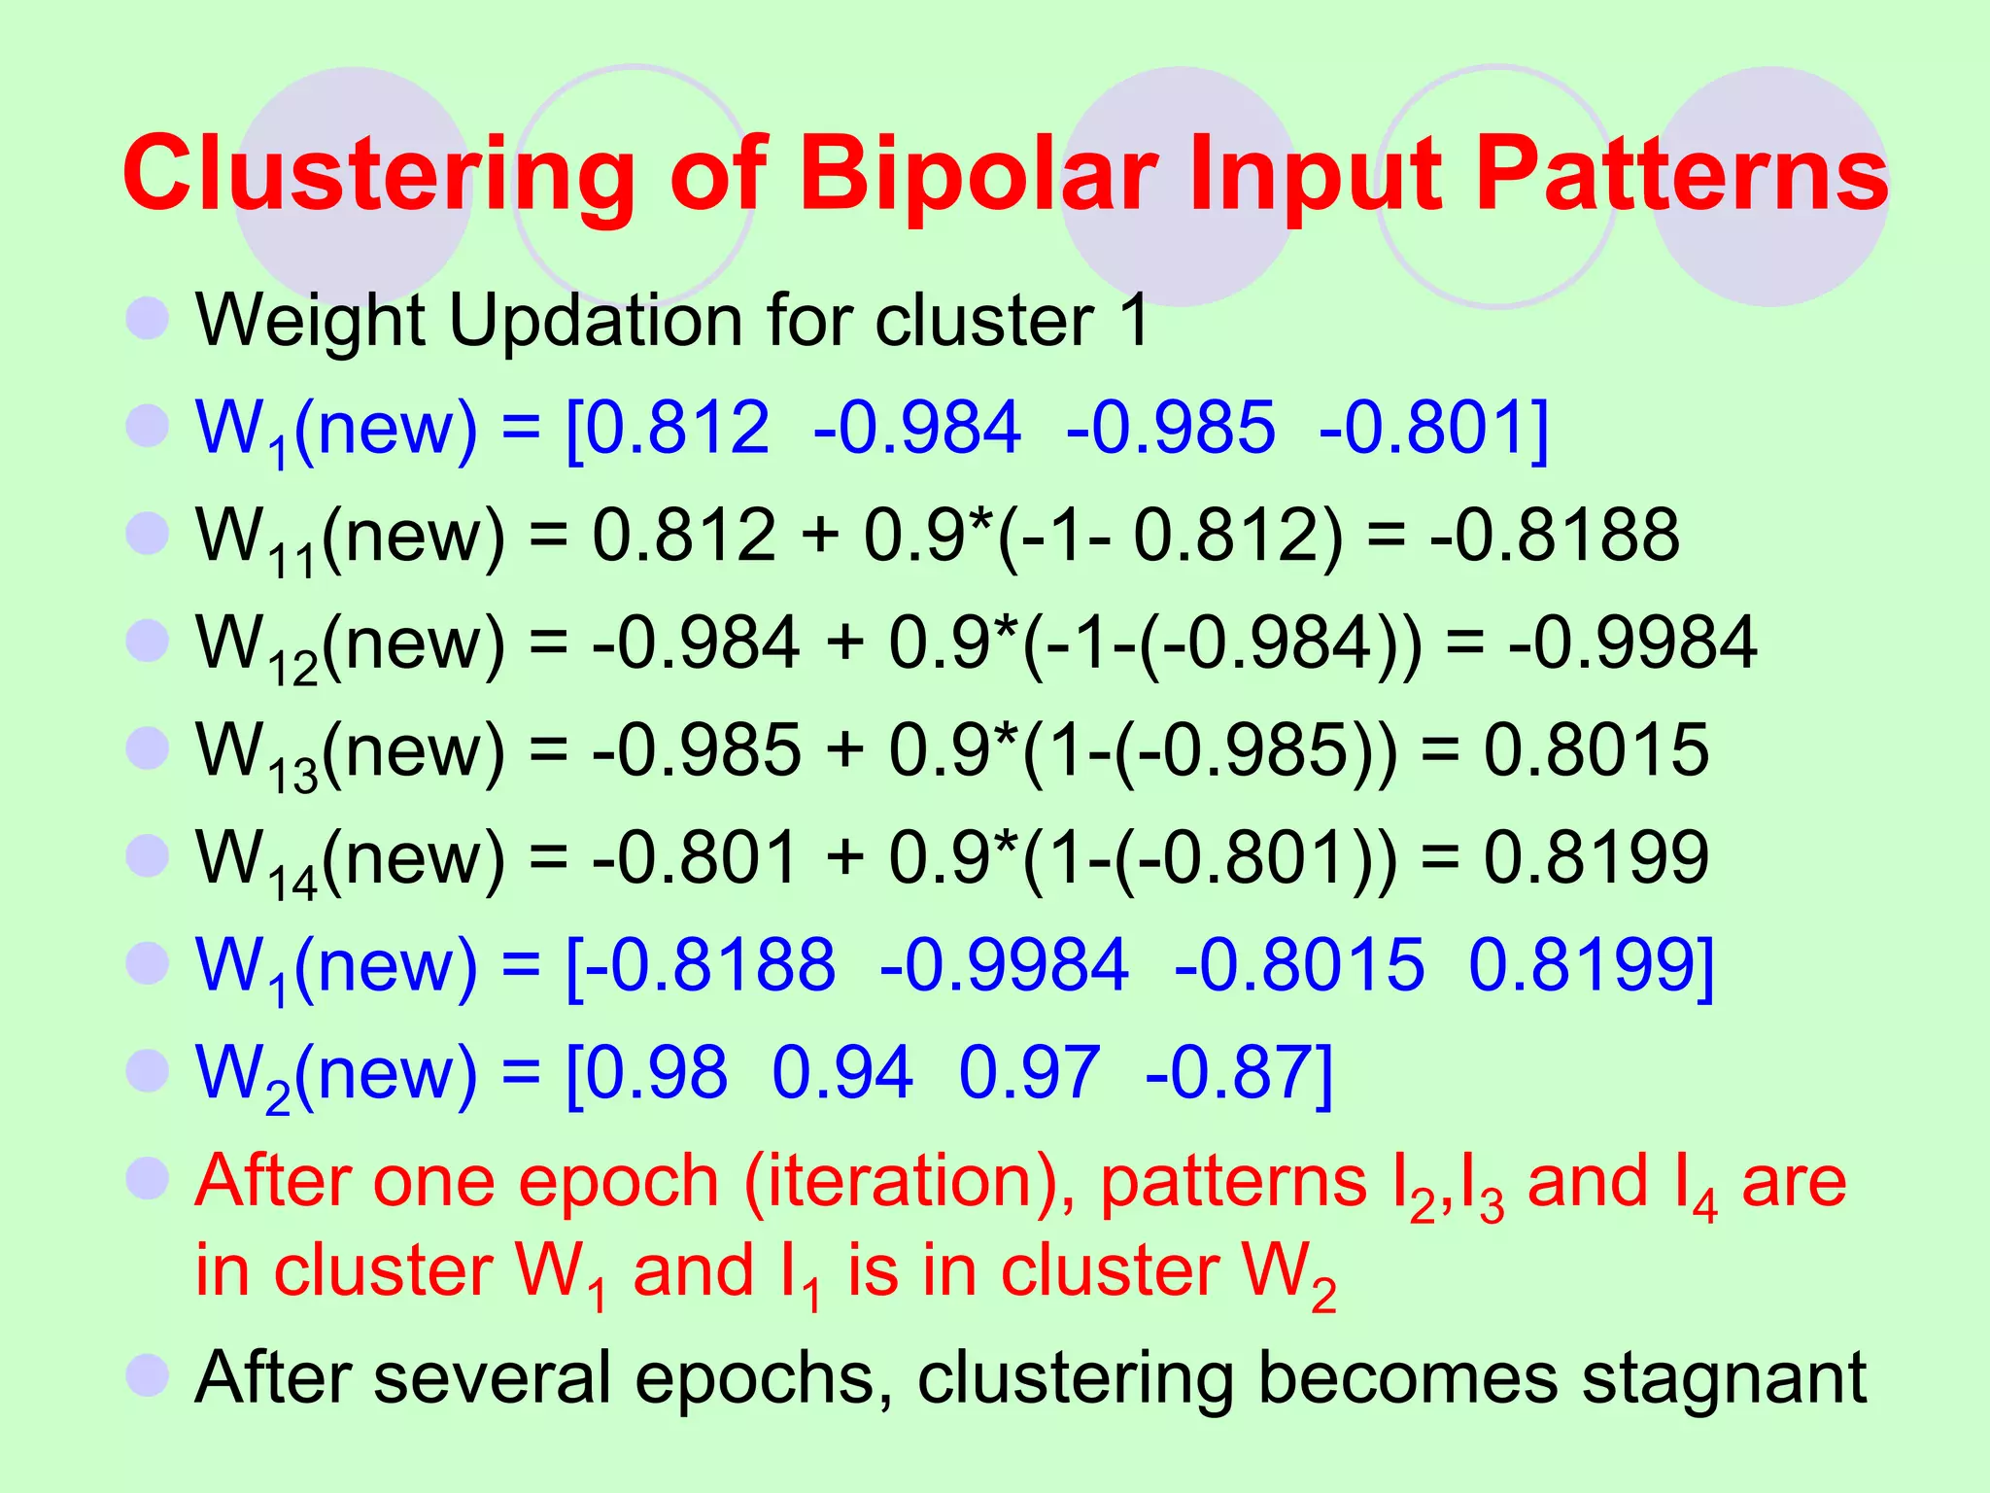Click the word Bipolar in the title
point(979,175)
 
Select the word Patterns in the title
point(1681,175)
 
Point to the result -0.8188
point(1555,535)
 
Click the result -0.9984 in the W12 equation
point(1632,642)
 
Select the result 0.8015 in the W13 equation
point(1595,749)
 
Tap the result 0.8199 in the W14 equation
point(1595,857)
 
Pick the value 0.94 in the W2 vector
point(842,1072)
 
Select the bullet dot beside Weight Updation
point(148,319)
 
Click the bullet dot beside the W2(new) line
point(148,1071)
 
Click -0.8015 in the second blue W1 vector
point(1299,965)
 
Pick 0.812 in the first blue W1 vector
point(678,428)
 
